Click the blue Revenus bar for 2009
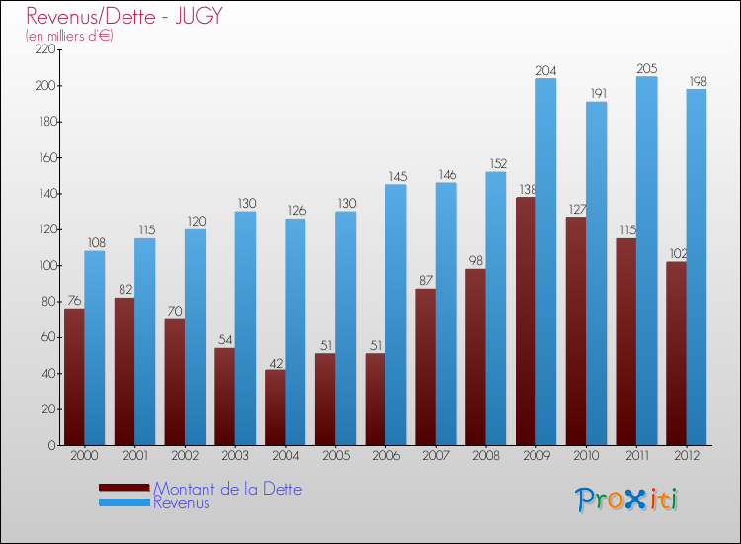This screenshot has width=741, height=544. (x=546, y=262)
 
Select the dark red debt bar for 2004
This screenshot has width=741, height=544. (x=274, y=408)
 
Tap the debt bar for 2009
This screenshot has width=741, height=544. (x=526, y=321)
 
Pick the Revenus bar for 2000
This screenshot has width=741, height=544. (x=95, y=348)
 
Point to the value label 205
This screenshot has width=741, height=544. (x=646, y=69)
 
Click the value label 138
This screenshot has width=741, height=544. (x=526, y=189)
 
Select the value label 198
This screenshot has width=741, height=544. (x=697, y=81)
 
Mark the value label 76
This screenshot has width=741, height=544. (x=73, y=301)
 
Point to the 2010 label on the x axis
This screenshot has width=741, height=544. (x=585, y=455)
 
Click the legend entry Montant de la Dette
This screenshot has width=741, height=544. (x=227, y=489)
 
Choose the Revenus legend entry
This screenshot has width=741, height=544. (x=182, y=502)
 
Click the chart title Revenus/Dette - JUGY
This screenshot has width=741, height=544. (x=124, y=16)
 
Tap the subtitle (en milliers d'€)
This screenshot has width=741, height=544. (x=69, y=36)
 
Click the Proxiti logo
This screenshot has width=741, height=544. (x=627, y=499)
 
